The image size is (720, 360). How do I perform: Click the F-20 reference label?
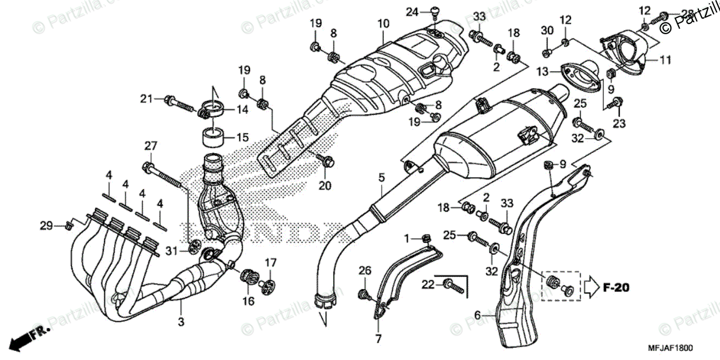pos(617,288)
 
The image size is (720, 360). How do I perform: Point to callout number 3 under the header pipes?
pos(181,322)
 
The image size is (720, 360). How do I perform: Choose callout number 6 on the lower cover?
pos(478,314)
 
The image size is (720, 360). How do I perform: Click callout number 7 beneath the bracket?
pos(378,339)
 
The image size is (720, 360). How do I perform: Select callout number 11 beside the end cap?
pos(666,60)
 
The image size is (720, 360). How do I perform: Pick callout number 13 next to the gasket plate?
pos(542,72)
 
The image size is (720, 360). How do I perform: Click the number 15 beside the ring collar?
pos(242,137)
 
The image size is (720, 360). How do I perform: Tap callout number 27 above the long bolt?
pos(150,146)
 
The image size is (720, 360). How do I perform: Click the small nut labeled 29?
pos(69,226)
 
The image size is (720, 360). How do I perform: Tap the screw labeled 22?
pos(454,287)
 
